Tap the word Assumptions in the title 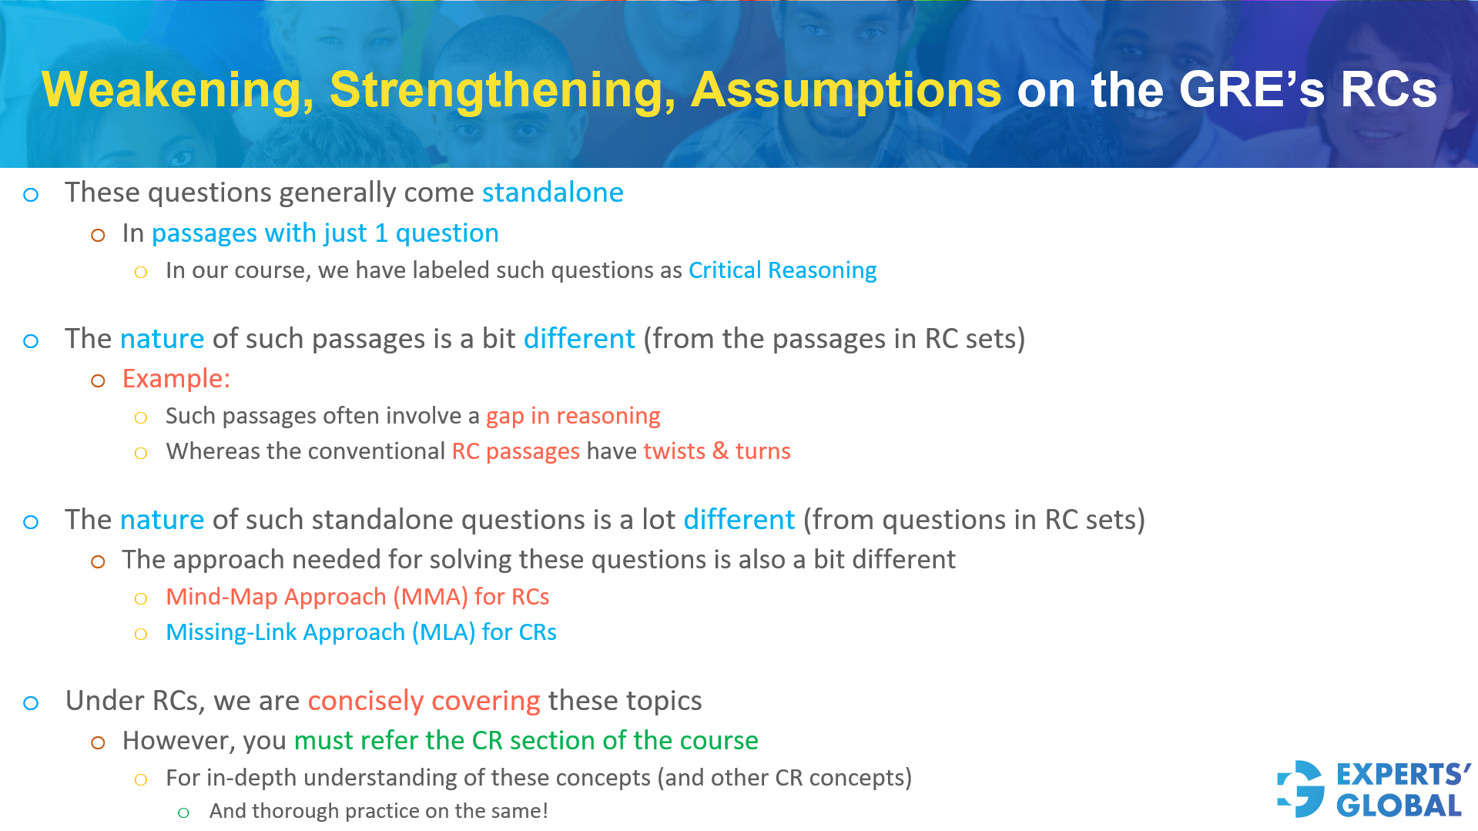click(846, 90)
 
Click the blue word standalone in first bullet click(552, 193)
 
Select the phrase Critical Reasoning click(782, 270)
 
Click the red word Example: click(176, 379)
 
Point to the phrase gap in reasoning click(572, 416)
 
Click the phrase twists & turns click(716, 451)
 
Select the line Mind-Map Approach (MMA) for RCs click(357, 597)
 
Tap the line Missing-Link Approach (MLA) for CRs click(360, 632)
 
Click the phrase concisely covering click(424, 701)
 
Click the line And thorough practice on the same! click(378, 811)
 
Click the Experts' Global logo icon click(1301, 789)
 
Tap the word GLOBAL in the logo click(1399, 806)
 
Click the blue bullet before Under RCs click(31, 702)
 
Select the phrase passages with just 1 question click(325, 233)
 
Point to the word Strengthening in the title click(502, 90)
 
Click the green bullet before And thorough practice click(183, 813)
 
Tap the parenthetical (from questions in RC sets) click(974, 520)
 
